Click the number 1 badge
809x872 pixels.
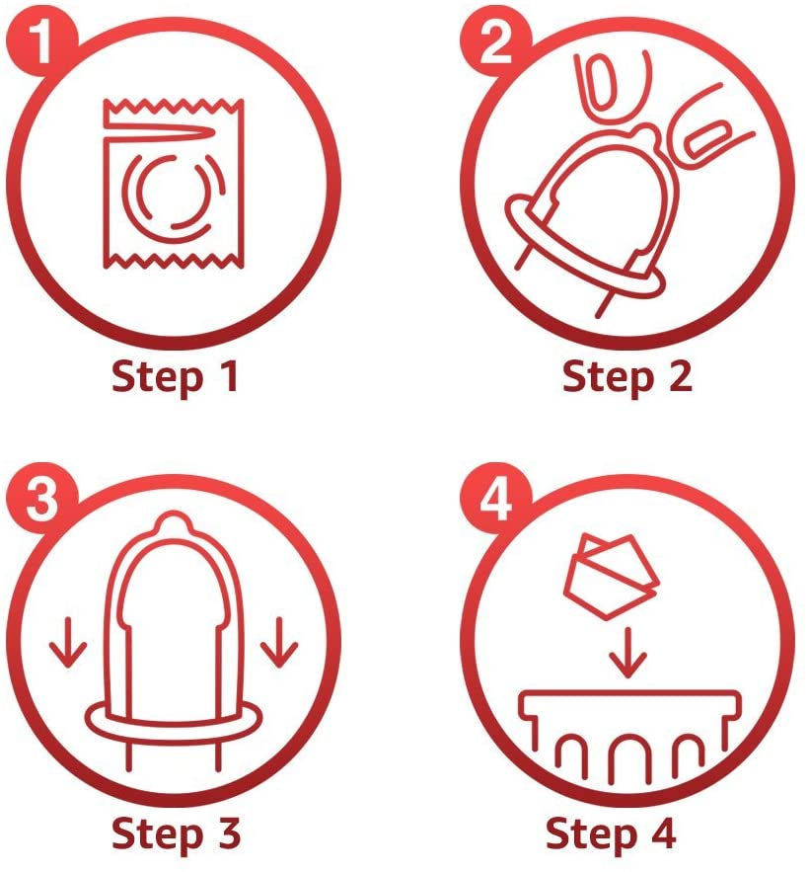tap(41, 42)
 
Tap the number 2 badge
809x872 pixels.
tap(495, 42)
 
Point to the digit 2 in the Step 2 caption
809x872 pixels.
tap(679, 376)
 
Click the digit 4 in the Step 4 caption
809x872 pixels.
tap(662, 832)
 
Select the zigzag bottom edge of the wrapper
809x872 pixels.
tap(174, 261)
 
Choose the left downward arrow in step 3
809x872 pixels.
tap(68, 642)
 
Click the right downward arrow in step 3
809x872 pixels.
tap(279, 642)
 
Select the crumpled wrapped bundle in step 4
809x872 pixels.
tap(612, 577)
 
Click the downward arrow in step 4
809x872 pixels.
tap(627, 653)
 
